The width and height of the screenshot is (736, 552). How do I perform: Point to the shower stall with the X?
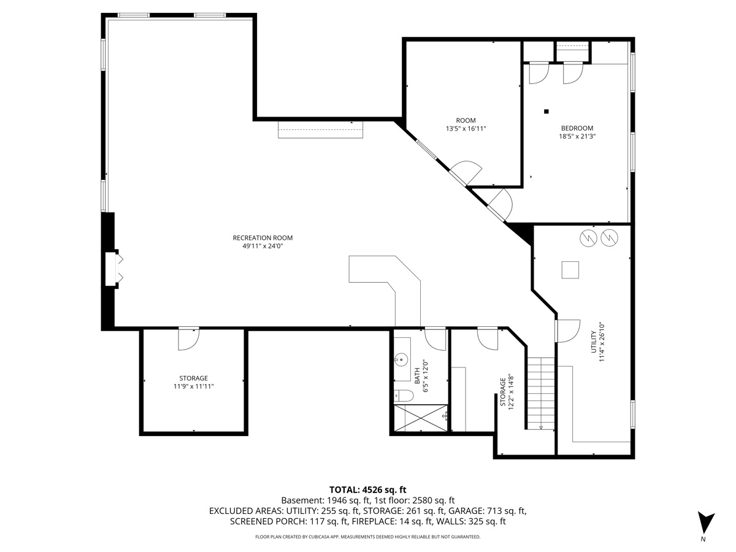[x=421, y=418]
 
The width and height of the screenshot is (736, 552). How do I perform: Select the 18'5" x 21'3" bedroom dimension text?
[x=577, y=136]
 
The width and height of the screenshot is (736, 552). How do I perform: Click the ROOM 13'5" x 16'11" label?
[x=466, y=125]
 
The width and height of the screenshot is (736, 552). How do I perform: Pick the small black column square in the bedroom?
[x=546, y=111]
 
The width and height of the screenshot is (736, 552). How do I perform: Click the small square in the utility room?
[x=570, y=270]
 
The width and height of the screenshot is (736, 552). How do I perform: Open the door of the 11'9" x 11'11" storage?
[x=188, y=339]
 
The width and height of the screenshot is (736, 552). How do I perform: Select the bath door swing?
[x=435, y=339]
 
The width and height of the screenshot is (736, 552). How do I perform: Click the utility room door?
[x=567, y=331]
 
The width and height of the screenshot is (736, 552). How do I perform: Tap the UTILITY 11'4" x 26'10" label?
[x=597, y=342]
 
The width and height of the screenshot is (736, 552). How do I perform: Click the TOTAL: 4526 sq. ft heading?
[x=367, y=489]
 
